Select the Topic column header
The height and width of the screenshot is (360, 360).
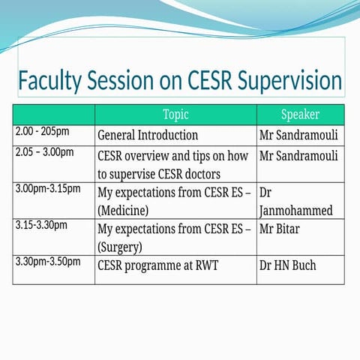pyautogui.click(x=175, y=115)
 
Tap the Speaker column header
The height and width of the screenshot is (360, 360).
pyautogui.click(x=300, y=115)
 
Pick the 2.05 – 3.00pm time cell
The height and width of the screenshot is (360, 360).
pyautogui.click(x=44, y=152)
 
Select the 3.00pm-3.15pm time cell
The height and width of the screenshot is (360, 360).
pyautogui.click(x=47, y=188)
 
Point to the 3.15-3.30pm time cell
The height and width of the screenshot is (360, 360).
pyautogui.click(x=41, y=224)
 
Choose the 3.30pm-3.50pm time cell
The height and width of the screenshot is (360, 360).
pyautogui.click(x=47, y=261)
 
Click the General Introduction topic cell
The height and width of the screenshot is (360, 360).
pyautogui.click(x=148, y=136)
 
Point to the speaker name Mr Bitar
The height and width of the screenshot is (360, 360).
pyautogui.click(x=279, y=229)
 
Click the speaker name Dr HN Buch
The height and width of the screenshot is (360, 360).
pyautogui.click(x=288, y=265)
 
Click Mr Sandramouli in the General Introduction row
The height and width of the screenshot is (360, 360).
pyautogui.click(x=298, y=136)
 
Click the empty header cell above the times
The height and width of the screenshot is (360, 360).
pyautogui.click(x=53, y=115)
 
